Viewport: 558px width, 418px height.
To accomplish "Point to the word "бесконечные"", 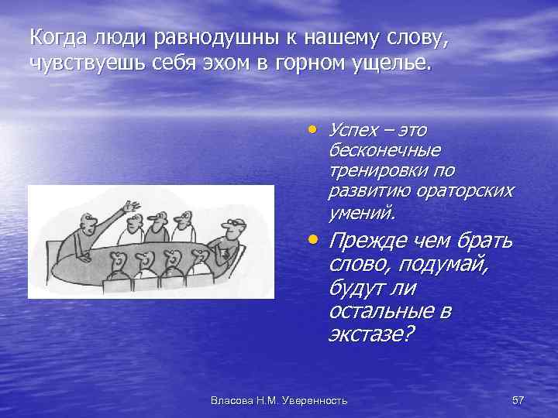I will tap(384, 149).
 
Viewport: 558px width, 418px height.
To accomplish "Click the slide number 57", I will tap(518, 399).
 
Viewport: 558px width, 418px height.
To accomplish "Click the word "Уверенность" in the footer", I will tap(316, 399).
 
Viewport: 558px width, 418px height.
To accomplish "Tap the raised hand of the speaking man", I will tap(133, 207).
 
